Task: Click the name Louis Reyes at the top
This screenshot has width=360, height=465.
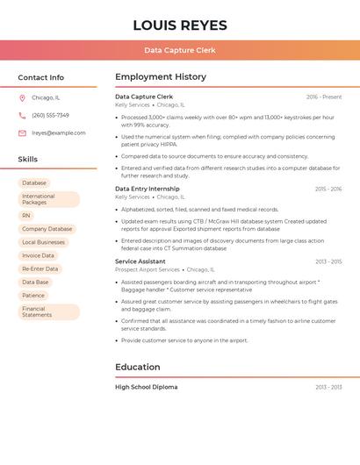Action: point(180,25)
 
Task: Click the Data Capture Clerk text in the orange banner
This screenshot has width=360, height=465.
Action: point(180,51)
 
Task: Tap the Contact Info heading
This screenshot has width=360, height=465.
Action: point(41,77)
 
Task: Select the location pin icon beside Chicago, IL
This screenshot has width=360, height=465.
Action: point(22,98)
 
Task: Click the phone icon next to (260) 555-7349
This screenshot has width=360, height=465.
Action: point(22,116)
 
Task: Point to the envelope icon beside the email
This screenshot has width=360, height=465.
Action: point(22,133)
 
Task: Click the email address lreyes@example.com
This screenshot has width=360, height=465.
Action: point(59,133)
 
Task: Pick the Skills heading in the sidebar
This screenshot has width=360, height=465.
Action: point(28,160)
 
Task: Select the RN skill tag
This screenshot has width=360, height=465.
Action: point(26,215)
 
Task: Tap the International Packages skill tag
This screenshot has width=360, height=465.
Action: point(47,199)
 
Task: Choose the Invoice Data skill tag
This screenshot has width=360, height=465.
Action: point(38,255)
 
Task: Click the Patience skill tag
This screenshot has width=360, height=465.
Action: point(33,296)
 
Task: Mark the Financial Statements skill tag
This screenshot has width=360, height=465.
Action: point(47,311)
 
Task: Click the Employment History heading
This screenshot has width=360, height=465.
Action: point(161,77)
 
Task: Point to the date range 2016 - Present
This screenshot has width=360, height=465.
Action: point(324,97)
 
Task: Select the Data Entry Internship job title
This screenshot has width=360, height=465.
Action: point(148,189)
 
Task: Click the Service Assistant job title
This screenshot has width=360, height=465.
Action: point(140,261)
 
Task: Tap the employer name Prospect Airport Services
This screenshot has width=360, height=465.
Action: point(148,270)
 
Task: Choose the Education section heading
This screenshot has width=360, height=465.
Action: point(138,368)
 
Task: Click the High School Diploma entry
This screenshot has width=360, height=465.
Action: point(147,387)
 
